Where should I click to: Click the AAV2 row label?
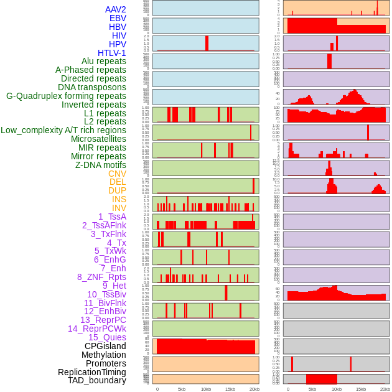tap(115, 9)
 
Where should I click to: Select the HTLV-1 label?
tap(112, 53)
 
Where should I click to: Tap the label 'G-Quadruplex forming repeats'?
tap(66, 96)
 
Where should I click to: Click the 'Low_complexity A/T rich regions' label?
tap(63, 130)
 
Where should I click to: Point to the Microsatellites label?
tap(98, 139)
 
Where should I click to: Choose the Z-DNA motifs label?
tap(101, 165)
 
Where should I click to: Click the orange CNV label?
tap(117, 174)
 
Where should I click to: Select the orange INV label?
tap(119, 208)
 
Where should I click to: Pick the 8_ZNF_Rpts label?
tap(101, 277)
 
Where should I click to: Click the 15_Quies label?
tap(106, 337)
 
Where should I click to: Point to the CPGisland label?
tap(105, 346)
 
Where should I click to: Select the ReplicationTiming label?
tap(92, 372)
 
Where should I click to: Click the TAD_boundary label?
tap(97, 380)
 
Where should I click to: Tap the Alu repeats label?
tap(104, 61)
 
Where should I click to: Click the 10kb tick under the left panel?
tap(206, 389)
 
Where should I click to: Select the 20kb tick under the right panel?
tap(385, 389)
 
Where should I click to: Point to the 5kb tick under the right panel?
tap(312, 389)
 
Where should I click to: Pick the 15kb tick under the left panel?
tap(230, 389)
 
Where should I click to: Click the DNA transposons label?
tap(92, 87)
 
